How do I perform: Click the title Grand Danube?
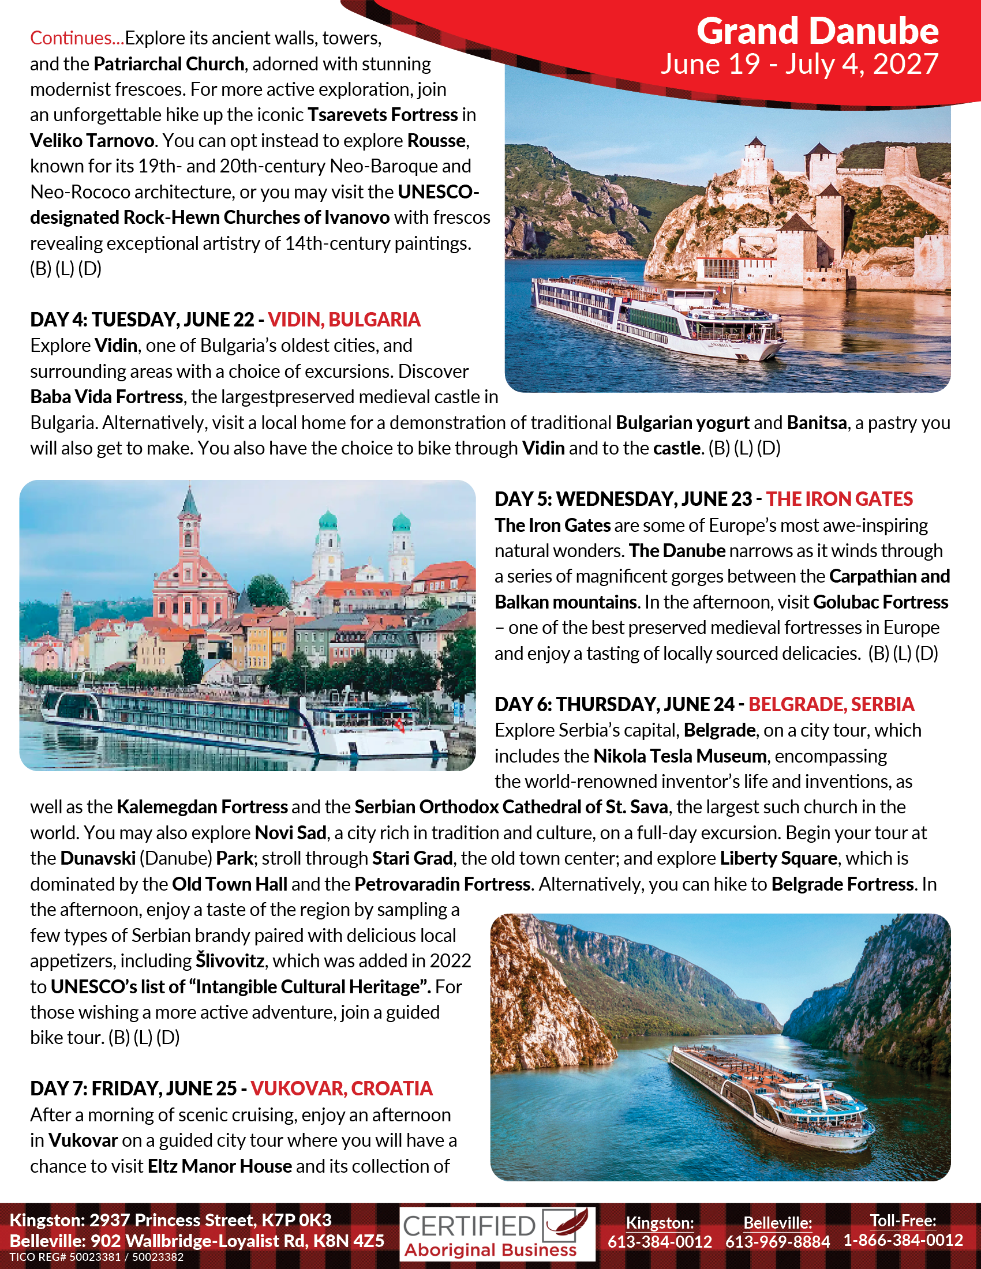coord(817,31)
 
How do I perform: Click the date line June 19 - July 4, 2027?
coord(799,64)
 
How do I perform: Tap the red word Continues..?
coord(75,38)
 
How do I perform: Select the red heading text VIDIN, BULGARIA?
coord(344,320)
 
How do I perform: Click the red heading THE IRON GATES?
coord(839,499)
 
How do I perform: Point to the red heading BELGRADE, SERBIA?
coord(831,704)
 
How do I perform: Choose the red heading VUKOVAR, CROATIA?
coord(342,1088)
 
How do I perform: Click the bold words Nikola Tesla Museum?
coord(680,756)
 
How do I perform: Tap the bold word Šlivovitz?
coord(230,960)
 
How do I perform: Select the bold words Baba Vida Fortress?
coord(106,397)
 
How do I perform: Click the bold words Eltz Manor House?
coord(220,1166)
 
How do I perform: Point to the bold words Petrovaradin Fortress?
coord(442,884)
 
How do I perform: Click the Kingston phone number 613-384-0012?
coord(660,1242)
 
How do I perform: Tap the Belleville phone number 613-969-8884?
coord(778,1242)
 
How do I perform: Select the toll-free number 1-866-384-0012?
coord(903,1241)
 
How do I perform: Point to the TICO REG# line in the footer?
coord(96,1257)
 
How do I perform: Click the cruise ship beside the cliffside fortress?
coord(657,317)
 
